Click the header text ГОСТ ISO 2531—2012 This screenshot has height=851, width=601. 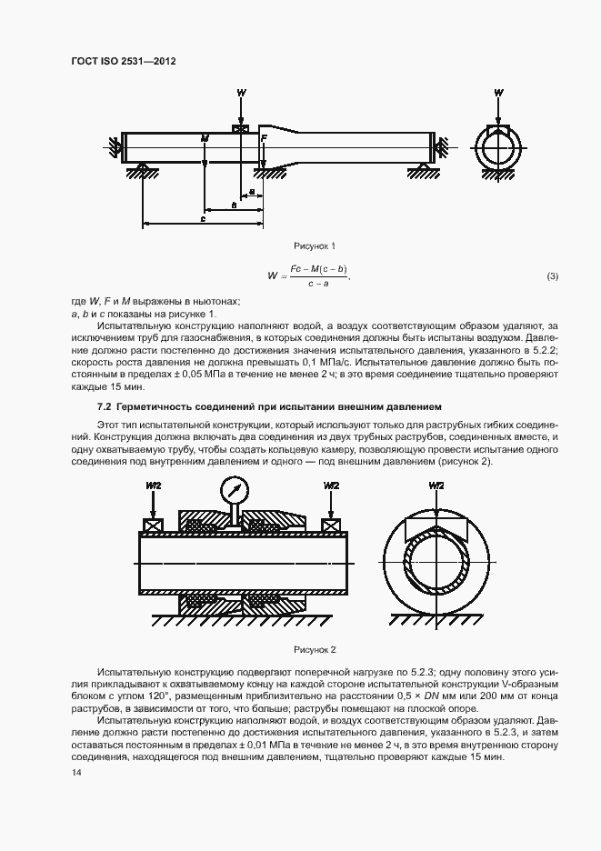pos(122,61)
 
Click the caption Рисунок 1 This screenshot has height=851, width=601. pos(315,246)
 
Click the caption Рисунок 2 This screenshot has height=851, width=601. pos(315,649)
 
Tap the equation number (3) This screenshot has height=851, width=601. pos(552,275)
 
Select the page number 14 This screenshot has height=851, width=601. pos(75,773)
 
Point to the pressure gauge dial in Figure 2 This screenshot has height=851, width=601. pos(235,491)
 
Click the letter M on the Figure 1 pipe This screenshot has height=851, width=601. pos(205,138)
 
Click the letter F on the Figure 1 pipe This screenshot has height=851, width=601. pos(264,138)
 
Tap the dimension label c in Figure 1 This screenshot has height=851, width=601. pos(203,219)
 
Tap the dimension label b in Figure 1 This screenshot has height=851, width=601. pos(234,206)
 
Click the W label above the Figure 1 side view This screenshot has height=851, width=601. pos(241,94)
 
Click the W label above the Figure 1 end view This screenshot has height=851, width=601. pos(498,94)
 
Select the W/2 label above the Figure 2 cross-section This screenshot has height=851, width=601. pos(437,486)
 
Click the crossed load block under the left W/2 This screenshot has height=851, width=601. pos(152,526)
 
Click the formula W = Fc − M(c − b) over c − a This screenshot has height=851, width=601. pos(309,275)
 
